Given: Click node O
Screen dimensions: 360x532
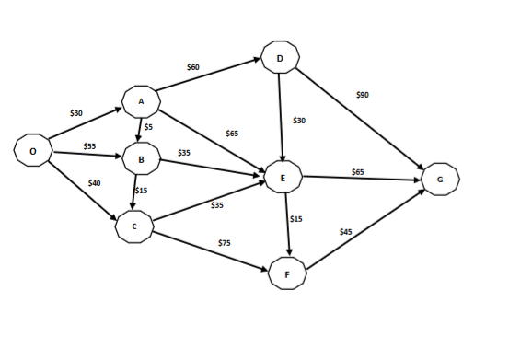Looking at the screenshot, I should point(33,149).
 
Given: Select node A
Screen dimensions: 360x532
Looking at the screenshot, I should point(141,100).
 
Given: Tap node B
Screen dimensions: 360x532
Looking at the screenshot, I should point(141,159).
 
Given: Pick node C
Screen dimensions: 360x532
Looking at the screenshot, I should point(134,226).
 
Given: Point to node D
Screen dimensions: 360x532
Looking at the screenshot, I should point(280,58).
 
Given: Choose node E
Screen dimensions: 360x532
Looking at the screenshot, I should point(283,177).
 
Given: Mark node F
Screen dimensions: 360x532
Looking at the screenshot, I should point(287,273).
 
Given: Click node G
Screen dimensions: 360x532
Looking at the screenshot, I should point(440,180).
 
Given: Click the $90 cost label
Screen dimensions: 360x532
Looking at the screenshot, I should point(362,95).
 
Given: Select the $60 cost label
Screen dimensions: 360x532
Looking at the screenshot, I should point(192,67).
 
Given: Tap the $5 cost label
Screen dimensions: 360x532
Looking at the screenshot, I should point(147,127).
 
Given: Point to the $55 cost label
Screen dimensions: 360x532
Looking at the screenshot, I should point(89,146).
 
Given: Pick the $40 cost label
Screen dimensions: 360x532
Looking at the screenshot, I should point(94,183).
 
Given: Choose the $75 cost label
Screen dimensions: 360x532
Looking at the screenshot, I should point(224,242).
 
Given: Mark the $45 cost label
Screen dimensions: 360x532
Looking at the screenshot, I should point(345,232).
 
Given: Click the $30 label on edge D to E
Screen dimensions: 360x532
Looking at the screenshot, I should point(299,121).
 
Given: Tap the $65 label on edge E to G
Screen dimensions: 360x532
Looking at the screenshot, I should point(357,172).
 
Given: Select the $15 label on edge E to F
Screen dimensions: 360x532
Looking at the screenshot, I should point(296,219).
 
